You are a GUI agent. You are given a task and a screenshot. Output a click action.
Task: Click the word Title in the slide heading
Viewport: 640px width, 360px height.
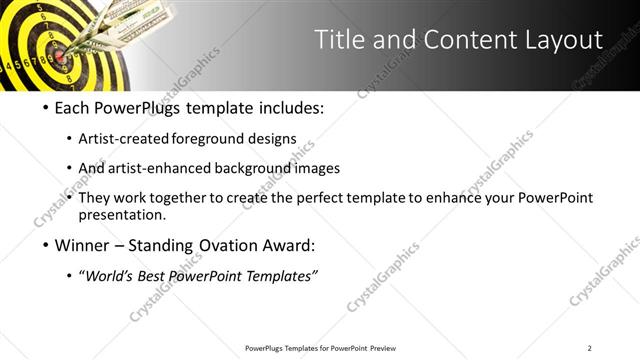point(339,40)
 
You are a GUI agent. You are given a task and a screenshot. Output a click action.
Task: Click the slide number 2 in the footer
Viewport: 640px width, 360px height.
point(590,348)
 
